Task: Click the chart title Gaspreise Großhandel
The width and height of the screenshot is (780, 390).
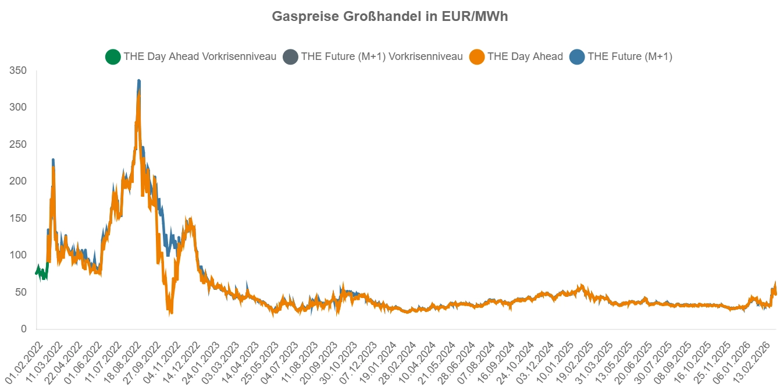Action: point(390,16)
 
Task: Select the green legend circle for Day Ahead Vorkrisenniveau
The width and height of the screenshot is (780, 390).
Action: point(113,57)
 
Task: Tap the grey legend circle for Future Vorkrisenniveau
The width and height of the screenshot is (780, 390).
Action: point(290,57)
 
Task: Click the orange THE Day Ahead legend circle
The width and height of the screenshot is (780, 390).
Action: point(477,57)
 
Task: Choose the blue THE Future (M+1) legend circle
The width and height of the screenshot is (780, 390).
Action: point(577,57)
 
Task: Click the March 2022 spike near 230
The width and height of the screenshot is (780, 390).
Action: point(53,160)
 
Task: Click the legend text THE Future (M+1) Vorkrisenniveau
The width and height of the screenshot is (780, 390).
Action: point(382,57)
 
